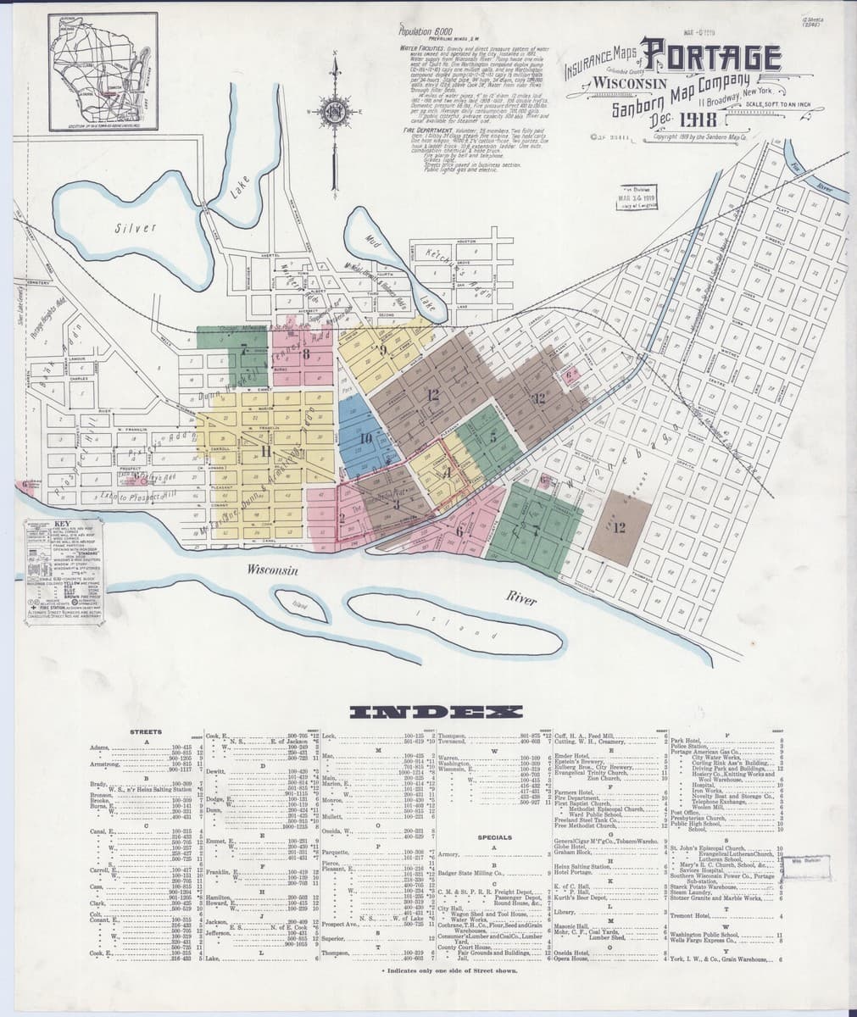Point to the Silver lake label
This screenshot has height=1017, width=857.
[136, 228]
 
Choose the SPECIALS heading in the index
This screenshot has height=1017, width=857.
[493, 836]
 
